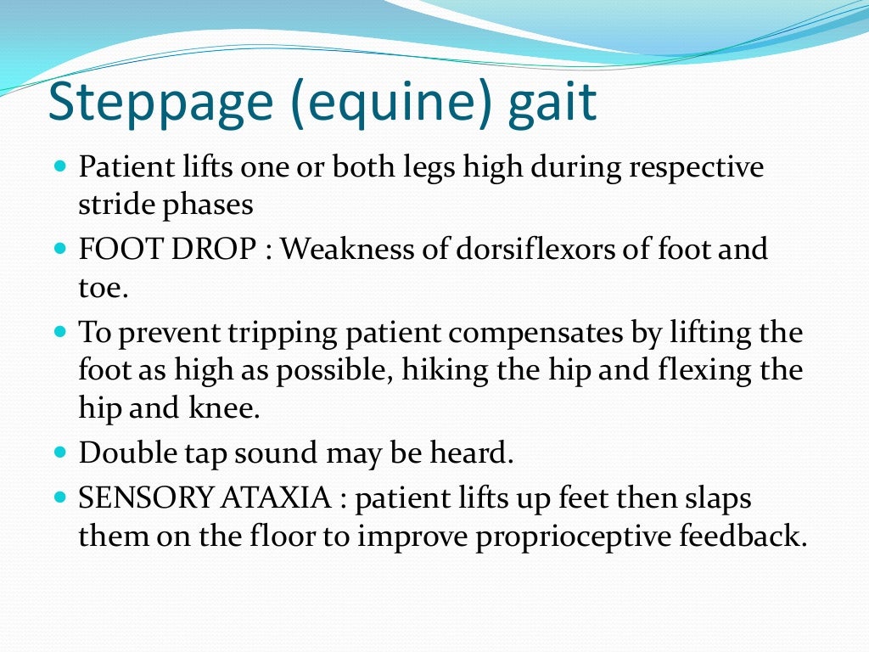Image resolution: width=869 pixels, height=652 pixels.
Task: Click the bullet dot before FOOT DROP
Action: [x=59, y=250]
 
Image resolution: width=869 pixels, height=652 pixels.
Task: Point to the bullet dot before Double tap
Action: [x=59, y=453]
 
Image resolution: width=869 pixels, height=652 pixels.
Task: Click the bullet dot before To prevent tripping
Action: [x=59, y=332]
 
